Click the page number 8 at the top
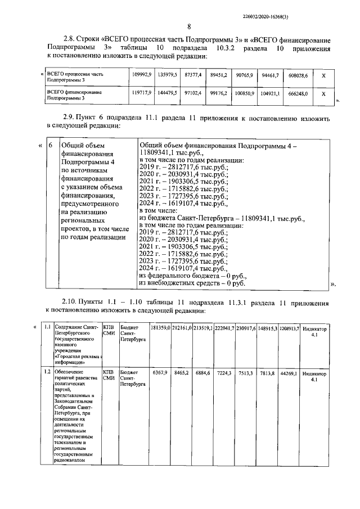pyautogui.click(x=189, y=26)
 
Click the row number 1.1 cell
pyautogui.click(x=48, y=327)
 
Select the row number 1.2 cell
pyautogui.click(x=48, y=372)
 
